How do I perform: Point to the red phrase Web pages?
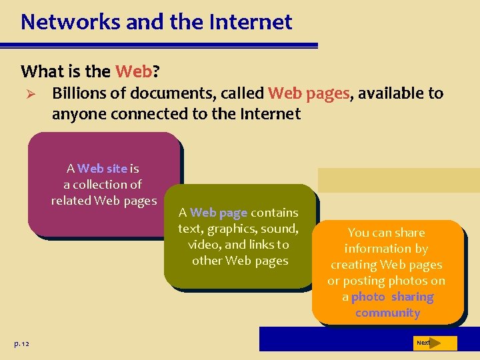pos(309,93)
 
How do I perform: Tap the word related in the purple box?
pos(71,201)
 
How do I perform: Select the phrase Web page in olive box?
pos(219,213)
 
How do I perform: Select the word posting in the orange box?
pos(365,281)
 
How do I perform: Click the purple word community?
pos(387,313)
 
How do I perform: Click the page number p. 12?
pos(22,343)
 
